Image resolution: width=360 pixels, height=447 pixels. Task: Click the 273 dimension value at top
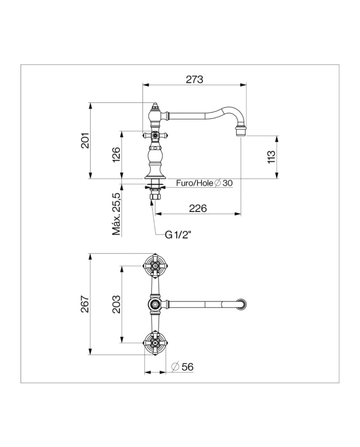[x=194, y=79]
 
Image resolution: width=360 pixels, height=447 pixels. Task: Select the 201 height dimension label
[x=85, y=140]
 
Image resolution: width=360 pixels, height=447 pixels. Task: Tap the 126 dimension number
[x=116, y=155]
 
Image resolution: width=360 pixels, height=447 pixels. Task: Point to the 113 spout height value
[x=272, y=157]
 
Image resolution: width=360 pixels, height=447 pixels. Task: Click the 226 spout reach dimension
[x=198, y=208]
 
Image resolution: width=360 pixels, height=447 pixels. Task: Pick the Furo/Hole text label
[x=195, y=183]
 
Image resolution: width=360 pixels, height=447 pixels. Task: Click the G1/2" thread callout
[x=178, y=235]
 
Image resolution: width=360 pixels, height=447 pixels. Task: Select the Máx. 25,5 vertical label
[x=116, y=213]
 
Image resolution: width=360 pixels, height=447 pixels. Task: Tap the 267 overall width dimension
[x=85, y=304]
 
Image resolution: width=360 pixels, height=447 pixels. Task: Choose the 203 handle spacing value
[x=116, y=305]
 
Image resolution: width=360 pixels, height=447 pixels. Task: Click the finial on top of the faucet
[x=155, y=106]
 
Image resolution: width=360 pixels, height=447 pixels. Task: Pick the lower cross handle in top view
[x=155, y=343]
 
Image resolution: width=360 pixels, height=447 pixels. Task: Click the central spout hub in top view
[x=155, y=305]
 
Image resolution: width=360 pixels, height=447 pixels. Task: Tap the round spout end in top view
[x=242, y=304]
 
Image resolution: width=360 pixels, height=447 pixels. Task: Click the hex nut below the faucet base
[x=155, y=196]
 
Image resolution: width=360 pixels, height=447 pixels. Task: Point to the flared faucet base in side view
[x=155, y=174]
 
